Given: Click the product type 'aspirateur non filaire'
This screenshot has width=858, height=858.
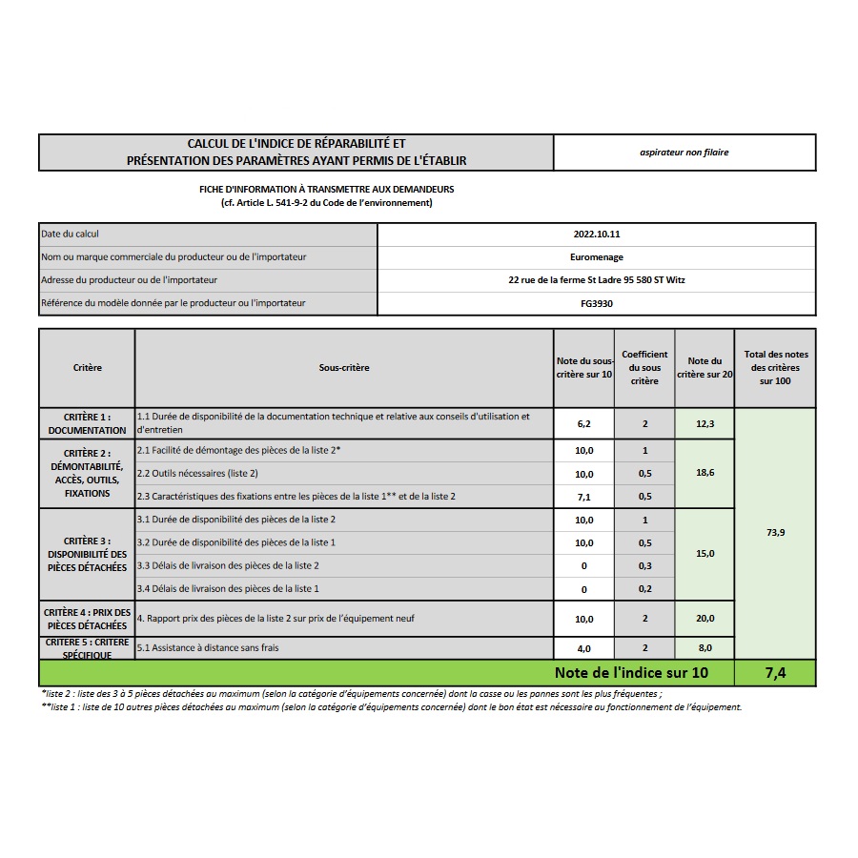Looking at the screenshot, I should coord(684,153).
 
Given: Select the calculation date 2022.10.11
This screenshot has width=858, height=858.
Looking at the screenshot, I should coord(597,234).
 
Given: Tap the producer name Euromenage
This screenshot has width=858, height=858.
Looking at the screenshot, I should coord(597,256).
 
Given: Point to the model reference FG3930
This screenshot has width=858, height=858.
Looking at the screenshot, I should coord(597,303).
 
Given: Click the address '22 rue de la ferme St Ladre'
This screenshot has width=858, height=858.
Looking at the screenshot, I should coord(597,280).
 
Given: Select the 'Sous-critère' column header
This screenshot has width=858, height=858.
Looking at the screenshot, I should coord(344,368).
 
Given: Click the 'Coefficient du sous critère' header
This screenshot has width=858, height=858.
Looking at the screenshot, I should coord(644,368).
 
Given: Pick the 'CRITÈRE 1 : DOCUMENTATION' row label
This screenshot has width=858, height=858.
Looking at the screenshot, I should coord(87,423).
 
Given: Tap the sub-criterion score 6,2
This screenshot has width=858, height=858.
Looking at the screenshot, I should coord(584,423).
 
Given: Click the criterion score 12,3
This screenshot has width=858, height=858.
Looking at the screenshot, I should coord(705,423).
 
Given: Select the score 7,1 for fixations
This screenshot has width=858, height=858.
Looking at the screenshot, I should coord(584,497).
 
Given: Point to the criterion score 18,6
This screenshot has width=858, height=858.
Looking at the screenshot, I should coord(705,472).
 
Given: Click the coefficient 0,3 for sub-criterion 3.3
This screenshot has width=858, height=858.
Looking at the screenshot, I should coord(644,566).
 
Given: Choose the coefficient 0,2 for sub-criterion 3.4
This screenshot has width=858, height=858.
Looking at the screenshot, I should coord(644,589).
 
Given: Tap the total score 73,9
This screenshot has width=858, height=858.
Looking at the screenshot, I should coord(775,533).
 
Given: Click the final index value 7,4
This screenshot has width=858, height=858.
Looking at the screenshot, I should coord(775,673).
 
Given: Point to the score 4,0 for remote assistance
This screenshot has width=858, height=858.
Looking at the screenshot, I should coord(584,648).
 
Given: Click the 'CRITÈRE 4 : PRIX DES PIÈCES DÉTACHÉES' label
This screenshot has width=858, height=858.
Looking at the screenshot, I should coord(87,619).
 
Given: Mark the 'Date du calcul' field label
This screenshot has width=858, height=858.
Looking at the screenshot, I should coord(70,234).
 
